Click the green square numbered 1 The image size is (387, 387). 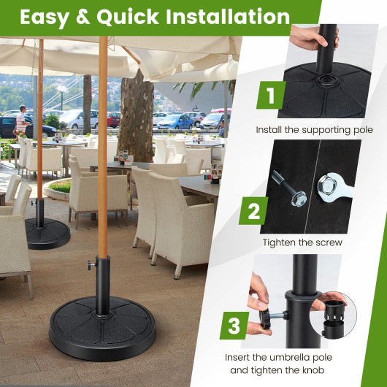click(271, 94)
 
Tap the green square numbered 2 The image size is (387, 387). click(253, 211)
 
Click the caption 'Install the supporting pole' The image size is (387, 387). click(314, 130)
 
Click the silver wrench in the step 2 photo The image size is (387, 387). click(335, 189)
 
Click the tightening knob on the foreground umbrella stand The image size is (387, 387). click(90, 262)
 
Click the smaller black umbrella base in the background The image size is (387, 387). click(47, 233)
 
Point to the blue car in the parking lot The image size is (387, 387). click(176, 122)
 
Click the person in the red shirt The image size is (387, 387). click(21, 120)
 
